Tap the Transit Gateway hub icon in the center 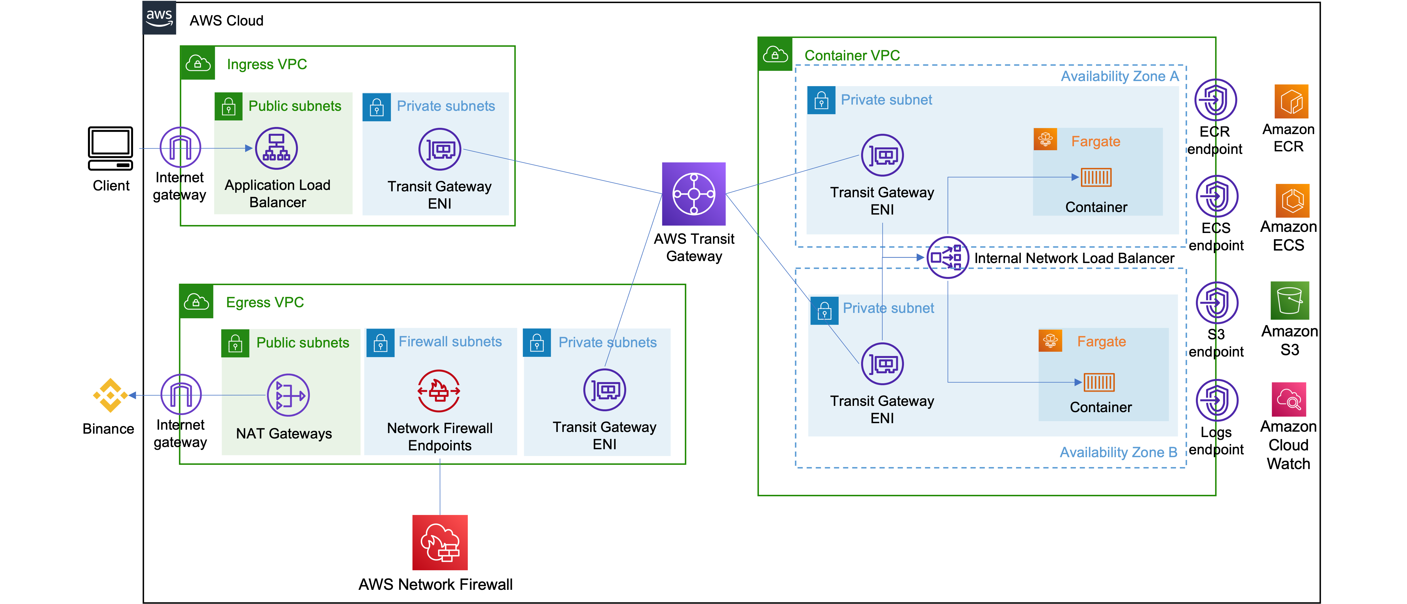pos(694,194)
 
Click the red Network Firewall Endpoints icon pos(439,391)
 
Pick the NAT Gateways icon pos(288,395)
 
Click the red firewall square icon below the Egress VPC pos(440,542)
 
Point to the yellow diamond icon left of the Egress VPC pos(110,395)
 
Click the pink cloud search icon pos(1289,399)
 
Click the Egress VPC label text pos(265,302)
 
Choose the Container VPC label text pos(852,56)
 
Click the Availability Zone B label pos(1118,452)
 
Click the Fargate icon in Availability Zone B pos(1050,341)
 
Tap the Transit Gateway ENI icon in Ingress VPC pos(440,149)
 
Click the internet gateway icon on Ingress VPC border pos(180,147)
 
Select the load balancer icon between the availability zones pos(948,258)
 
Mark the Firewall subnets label pos(450,342)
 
